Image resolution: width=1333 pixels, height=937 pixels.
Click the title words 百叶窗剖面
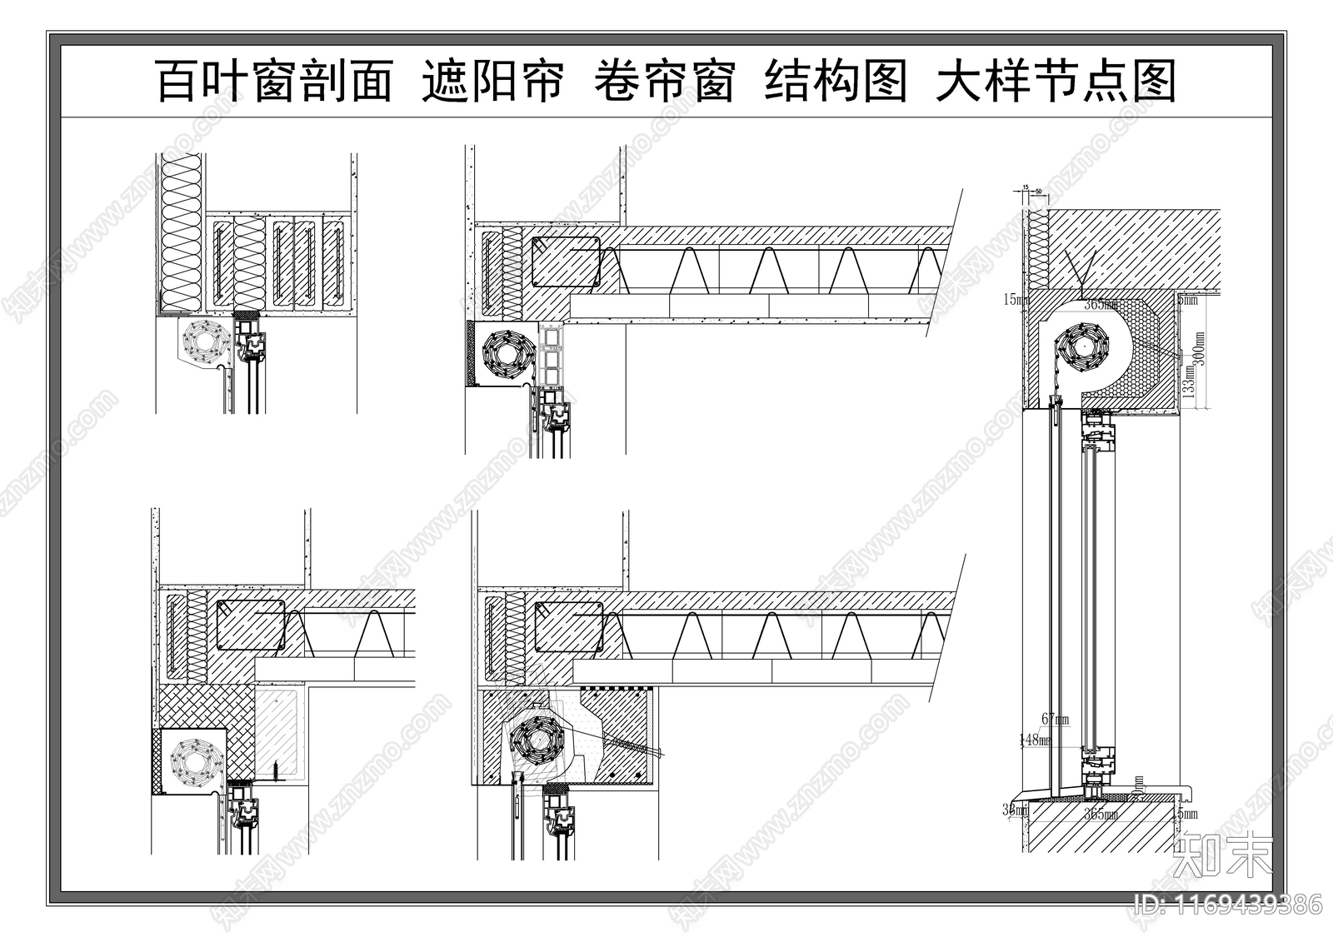click(274, 81)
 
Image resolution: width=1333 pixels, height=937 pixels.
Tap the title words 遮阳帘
click(492, 81)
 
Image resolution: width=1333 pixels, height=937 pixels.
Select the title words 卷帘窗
click(664, 81)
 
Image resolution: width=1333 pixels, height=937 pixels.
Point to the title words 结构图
click(836, 81)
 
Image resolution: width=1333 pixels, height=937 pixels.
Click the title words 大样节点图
click(1056, 81)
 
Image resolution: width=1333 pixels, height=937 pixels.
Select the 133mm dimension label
click(1190, 381)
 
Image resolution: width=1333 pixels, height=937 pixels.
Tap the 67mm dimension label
click(1054, 719)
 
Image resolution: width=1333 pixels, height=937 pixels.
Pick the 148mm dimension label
click(1035, 739)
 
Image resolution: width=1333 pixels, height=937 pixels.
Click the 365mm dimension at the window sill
click(1101, 815)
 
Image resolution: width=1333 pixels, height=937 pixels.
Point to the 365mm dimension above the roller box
click(1101, 305)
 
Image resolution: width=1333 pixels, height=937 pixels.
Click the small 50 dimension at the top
click(1038, 192)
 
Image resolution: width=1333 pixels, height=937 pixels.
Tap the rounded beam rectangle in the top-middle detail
click(566, 261)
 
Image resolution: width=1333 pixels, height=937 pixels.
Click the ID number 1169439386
click(1229, 905)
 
